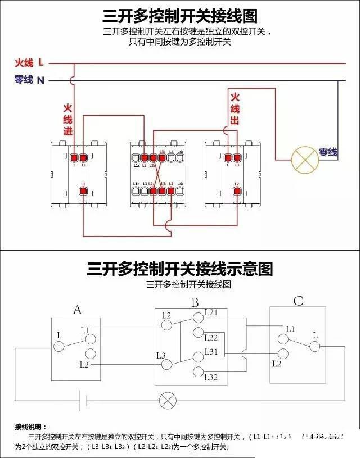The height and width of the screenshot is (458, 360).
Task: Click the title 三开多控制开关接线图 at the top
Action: click(x=180, y=15)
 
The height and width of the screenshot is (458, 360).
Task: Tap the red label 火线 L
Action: click(x=29, y=62)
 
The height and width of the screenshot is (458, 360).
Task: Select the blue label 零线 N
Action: click(x=29, y=80)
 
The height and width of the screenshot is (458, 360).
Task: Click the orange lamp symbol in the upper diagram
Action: click(x=304, y=160)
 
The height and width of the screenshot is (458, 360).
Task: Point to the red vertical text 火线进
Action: click(x=68, y=119)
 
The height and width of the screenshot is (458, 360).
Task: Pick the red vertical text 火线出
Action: click(x=235, y=109)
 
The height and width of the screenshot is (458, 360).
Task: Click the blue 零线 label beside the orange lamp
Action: click(x=328, y=152)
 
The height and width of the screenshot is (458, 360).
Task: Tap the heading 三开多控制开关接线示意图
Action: click(x=180, y=269)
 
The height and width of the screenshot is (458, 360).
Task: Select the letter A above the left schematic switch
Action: click(x=78, y=309)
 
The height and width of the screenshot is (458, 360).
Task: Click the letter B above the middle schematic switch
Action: click(x=195, y=303)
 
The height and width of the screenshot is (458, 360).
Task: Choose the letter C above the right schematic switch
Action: click(x=298, y=302)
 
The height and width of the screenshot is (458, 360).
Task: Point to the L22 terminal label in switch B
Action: click(x=211, y=338)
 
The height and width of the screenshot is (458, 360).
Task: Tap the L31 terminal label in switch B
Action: click(x=211, y=352)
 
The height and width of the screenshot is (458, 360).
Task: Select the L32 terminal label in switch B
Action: click(x=211, y=377)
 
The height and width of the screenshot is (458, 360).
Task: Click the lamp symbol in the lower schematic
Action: click(x=167, y=400)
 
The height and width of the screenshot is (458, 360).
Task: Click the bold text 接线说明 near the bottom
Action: click(x=31, y=427)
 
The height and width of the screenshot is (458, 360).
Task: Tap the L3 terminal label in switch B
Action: click(x=160, y=355)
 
